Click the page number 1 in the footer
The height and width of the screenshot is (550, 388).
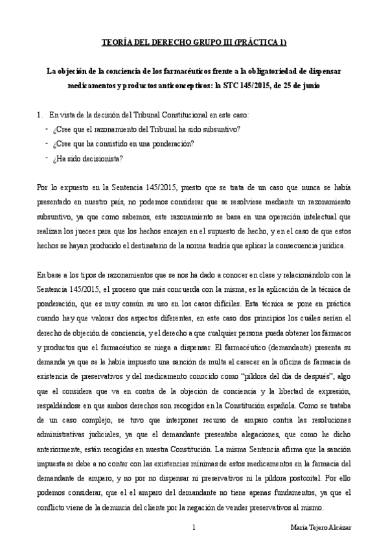pos(194,528)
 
